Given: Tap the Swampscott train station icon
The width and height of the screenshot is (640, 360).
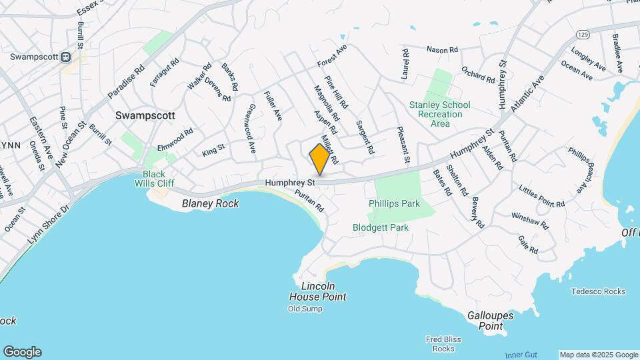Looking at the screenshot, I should (66, 57).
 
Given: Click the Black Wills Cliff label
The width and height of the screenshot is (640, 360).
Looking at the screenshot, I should (154, 179).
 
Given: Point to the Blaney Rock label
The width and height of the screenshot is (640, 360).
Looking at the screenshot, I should (210, 203).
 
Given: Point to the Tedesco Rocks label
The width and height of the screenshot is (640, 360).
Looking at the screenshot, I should (598, 291).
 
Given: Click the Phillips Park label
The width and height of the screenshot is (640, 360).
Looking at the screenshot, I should (394, 203).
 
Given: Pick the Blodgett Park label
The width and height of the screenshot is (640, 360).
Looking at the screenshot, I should (380, 227).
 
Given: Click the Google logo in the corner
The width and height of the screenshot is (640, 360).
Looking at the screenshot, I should (22, 352).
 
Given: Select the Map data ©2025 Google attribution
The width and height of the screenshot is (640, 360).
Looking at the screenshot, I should (598, 355).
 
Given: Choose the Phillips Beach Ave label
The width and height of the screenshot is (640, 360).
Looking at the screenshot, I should (580, 171).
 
